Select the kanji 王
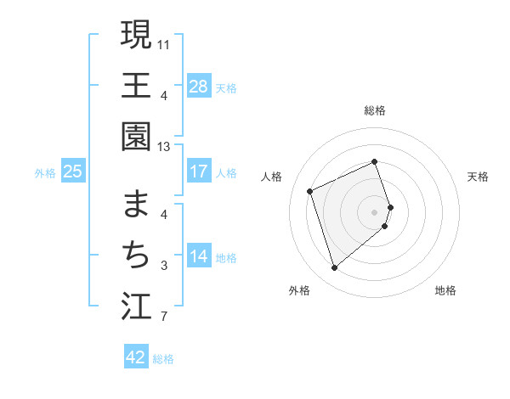[x=136, y=85]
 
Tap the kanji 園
[x=136, y=136]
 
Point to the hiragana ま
[x=136, y=205]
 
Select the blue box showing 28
[x=198, y=86]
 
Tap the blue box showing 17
[x=198, y=171]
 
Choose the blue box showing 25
[x=72, y=171]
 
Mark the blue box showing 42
[x=135, y=357]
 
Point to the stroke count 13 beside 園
[x=164, y=147]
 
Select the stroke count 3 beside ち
[x=164, y=266]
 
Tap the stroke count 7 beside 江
[x=164, y=318]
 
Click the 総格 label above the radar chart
[x=375, y=110]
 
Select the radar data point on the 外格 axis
[x=335, y=268]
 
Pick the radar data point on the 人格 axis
[x=310, y=190]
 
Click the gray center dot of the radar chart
[x=375, y=211]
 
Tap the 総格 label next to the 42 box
[x=163, y=358]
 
